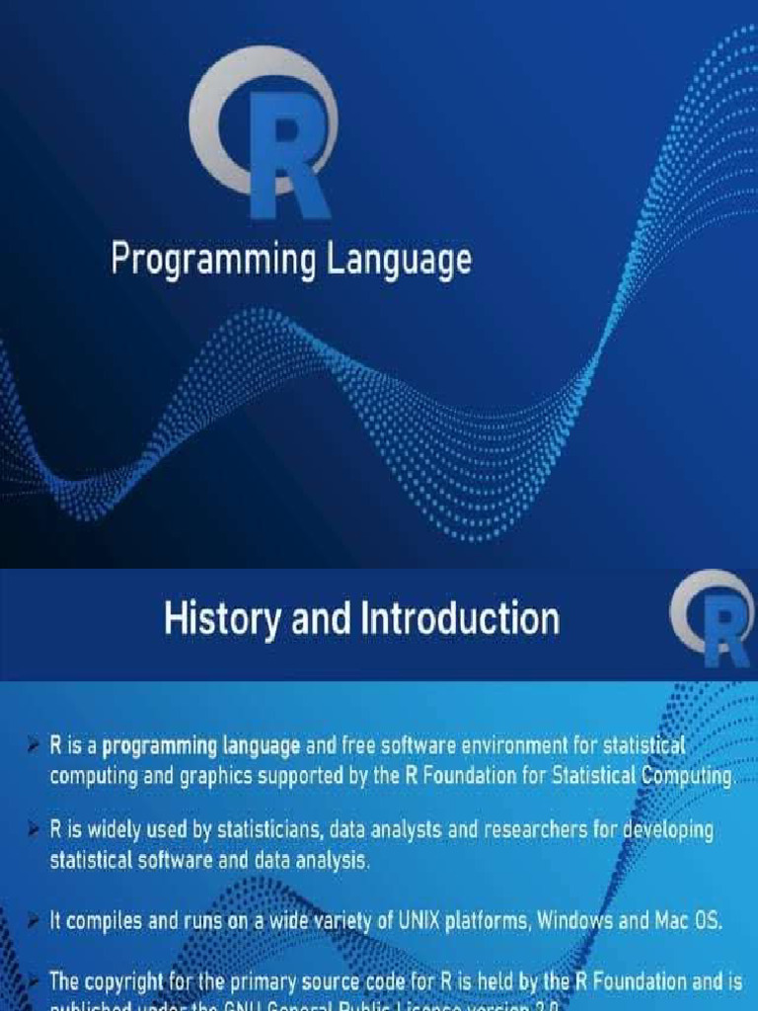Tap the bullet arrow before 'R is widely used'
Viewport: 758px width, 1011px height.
[x=35, y=829]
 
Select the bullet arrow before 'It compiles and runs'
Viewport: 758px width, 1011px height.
[x=35, y=921]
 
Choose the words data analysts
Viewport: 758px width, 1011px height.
[x=387, y=829]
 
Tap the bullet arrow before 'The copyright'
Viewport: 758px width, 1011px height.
[x=35, y=980]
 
